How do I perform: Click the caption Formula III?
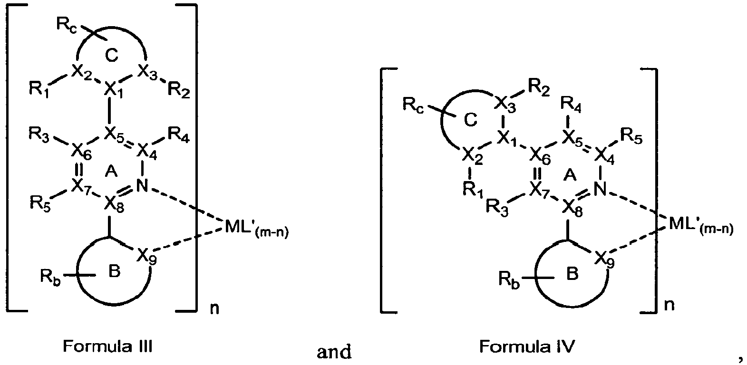(x=107, y=347)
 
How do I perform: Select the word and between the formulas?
(x=334, y=351)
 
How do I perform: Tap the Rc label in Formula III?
(x=66, y=25)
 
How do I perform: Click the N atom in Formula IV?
(x=601, y=190)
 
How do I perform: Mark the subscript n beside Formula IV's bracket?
(x=669, y=305)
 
